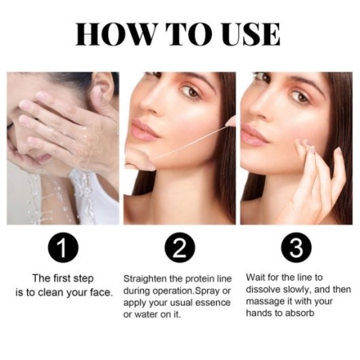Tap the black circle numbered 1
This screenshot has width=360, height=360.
[x=63, y=247]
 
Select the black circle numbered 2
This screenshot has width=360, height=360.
[x=180, y=247]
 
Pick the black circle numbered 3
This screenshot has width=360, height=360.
[x=296, y=247]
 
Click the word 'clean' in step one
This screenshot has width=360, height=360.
[x=50, y=292]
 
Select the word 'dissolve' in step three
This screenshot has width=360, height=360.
[x=263, y=290]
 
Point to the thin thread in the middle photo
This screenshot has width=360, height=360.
[x=190, y=142]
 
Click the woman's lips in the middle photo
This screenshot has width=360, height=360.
[x=145, y=130]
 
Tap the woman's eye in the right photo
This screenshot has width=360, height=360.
[x=301, y=97]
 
